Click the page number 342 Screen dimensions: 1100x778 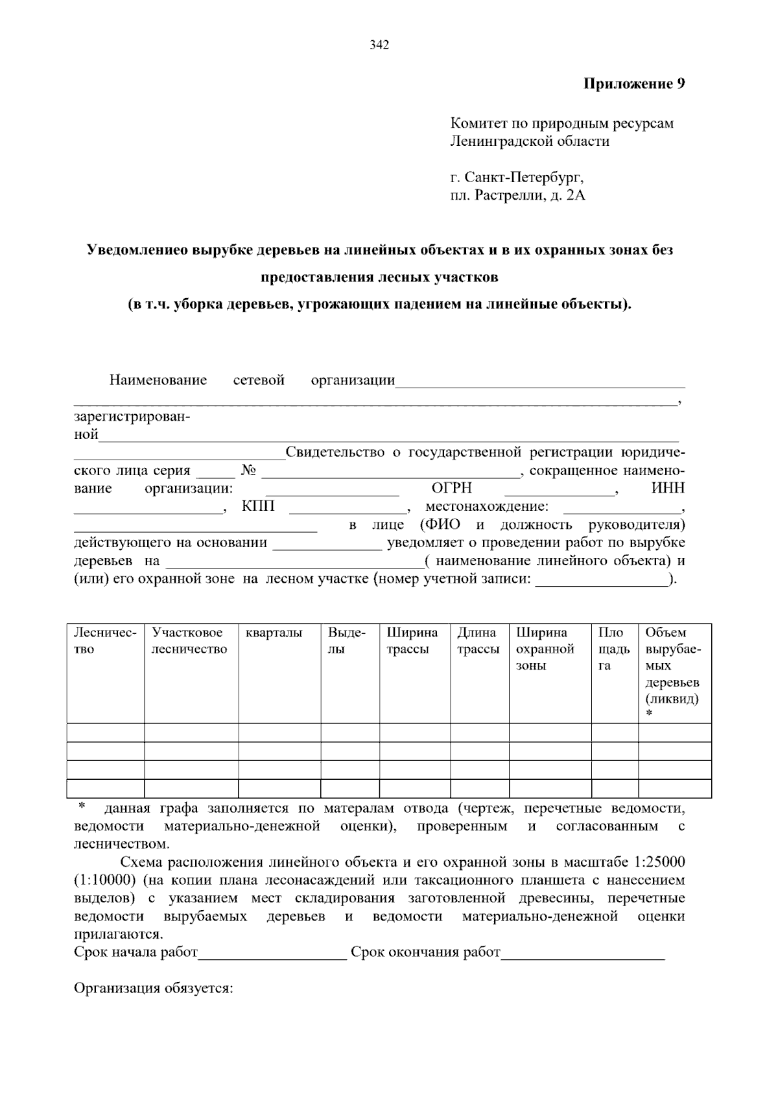(379, 45)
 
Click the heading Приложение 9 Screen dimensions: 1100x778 (634, 84)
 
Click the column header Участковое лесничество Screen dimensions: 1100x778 (189, 640)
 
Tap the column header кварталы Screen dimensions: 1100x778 (274, 633)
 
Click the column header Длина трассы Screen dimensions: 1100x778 (478, 640)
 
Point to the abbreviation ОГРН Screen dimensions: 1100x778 (451, 488)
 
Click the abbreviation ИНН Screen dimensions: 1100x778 (668, 488)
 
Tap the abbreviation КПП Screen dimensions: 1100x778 (257, 506)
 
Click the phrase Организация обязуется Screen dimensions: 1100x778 (154, 989)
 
